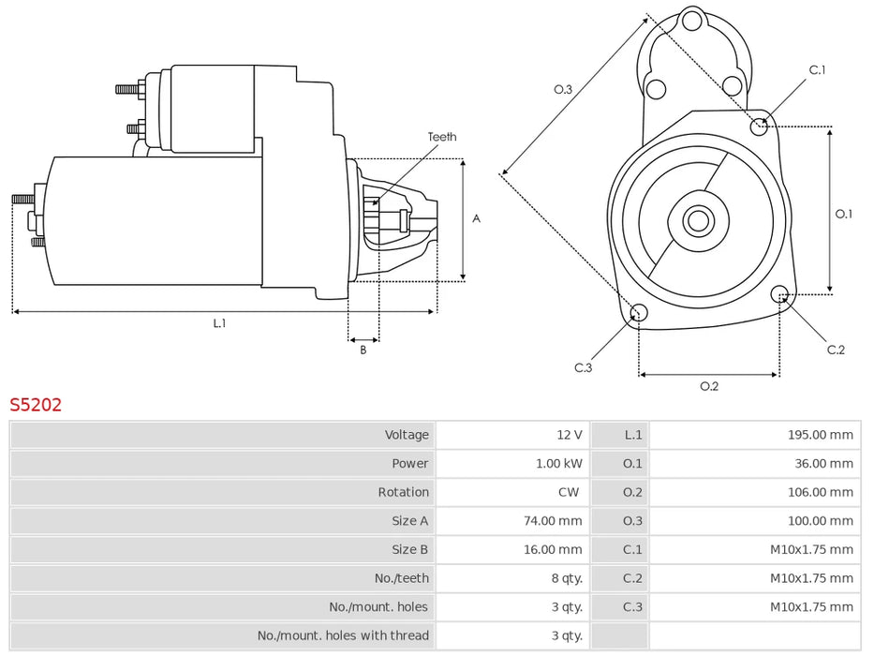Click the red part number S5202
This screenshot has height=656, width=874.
coord(36,405)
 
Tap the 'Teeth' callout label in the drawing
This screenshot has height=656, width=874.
coord(442,137)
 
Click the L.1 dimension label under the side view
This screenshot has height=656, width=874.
coord(219,323)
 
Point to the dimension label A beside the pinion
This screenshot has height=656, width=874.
coord(476,219)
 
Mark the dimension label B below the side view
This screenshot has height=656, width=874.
coord(363,350)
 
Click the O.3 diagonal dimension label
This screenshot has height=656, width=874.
coord(562,89)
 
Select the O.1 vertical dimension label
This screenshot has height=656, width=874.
coord(843,214)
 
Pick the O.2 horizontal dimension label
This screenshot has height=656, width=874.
coord(709,386)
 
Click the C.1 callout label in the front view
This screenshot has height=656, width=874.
coord(817,70)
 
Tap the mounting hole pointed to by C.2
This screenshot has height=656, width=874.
coord(779,295)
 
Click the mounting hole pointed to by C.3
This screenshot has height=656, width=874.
coord(638,313)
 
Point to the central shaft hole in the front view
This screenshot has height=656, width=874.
coord(696,221)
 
